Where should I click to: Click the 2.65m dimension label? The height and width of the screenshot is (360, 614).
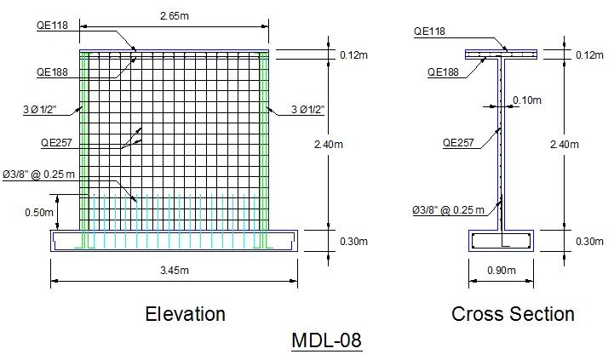point(175,16)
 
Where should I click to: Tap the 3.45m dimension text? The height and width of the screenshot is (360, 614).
point(175,271)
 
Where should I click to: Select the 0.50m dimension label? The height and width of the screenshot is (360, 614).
point(39,213)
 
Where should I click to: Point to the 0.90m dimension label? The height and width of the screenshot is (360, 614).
point(502,271)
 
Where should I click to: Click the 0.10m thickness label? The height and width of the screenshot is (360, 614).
point(527,100)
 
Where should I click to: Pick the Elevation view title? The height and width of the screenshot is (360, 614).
point(185,314)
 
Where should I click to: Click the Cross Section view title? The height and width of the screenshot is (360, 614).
point(513,314)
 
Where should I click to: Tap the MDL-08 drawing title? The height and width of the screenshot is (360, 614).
point(326,340)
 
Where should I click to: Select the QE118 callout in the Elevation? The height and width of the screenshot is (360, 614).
point(52,26)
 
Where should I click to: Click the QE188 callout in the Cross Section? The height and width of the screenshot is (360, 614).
point(443,72)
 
